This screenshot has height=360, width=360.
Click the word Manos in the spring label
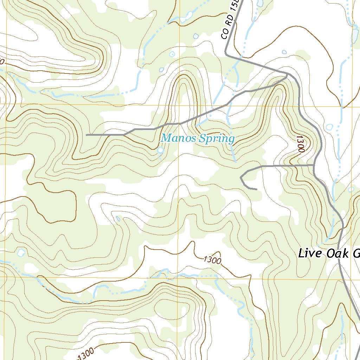(x=179, y=139)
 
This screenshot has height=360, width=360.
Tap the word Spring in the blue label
(x=216, y=139)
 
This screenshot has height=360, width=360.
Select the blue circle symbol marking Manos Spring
(x=160, y=150)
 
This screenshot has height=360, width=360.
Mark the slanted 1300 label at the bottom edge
(x=85, y=353)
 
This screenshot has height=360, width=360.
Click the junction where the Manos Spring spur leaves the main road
(x=288, y=75)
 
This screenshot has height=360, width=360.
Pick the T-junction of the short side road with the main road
(x=314, y=165)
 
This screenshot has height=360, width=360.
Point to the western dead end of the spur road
(x=86, y=135)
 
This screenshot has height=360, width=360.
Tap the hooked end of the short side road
(x=256, y=189)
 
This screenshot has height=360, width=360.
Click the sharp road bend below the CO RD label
(x=226, y=55)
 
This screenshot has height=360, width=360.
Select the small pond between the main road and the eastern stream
(x=329, y=127)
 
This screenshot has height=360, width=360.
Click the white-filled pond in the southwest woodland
(x=21, y=252)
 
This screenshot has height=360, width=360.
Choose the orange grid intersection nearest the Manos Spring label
(x=179, y=105)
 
